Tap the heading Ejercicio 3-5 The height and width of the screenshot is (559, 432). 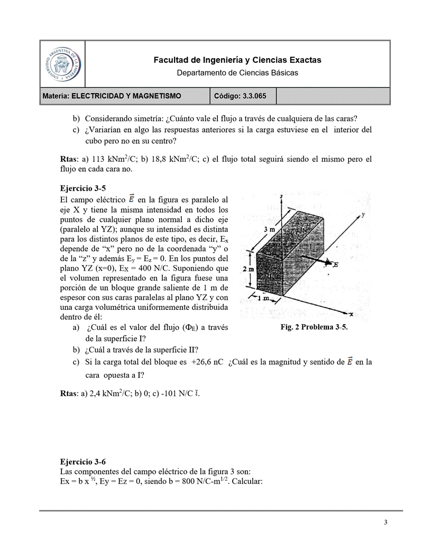click(x=84, y=188)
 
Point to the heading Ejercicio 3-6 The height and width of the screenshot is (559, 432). click(x=84, y=461)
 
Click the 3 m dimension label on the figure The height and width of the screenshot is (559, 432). click(x=269, y=229)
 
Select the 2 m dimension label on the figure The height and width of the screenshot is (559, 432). click(x=249, y=269)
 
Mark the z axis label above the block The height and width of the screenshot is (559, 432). click(x=282, y=197)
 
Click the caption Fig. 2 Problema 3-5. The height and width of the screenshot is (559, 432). click(x=314, y=327)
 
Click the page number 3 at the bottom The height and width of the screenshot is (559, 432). click(x=386, y=523)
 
